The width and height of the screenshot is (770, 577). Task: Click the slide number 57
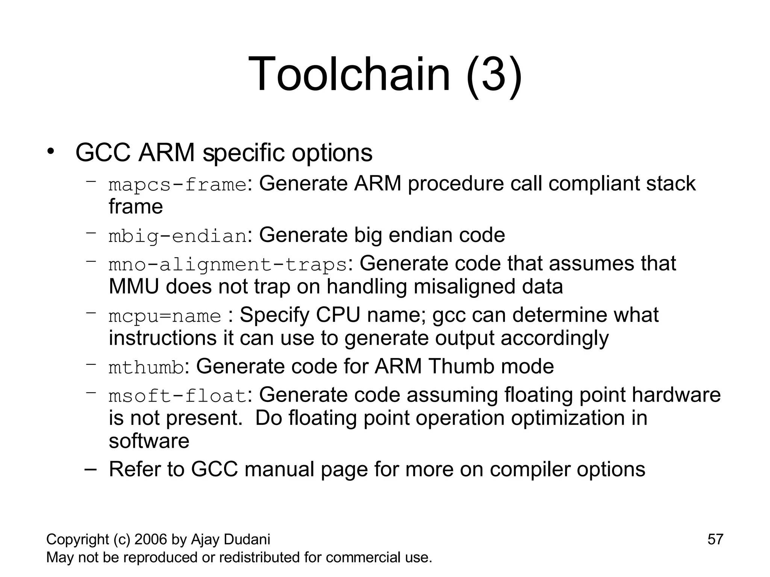click(715, 539)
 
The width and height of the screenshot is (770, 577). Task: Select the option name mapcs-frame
click(177, 185)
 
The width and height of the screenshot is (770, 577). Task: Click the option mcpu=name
click(165, 316)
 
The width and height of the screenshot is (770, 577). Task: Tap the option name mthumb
click(146, 367)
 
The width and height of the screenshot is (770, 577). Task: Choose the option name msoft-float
click(177, 396)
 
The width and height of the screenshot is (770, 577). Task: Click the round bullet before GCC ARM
click(51, 152)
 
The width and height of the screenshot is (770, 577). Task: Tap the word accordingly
click(554, 338)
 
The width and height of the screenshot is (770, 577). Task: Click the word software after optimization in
click(149, 441)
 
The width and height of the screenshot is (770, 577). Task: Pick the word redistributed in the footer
click(259, 557)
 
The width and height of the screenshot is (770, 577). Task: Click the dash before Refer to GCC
click(91, 470)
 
